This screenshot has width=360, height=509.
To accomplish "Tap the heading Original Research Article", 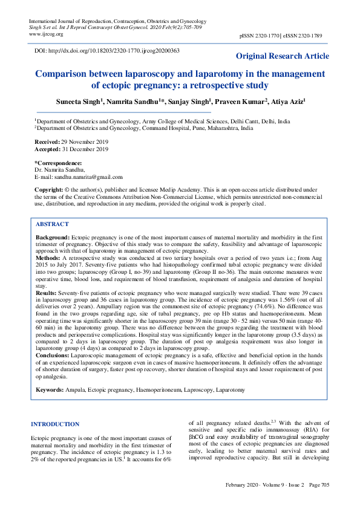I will click(283, 56).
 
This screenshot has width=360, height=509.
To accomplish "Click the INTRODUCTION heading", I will click(55, 424).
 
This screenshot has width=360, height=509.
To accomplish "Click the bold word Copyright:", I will click(49, 190).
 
